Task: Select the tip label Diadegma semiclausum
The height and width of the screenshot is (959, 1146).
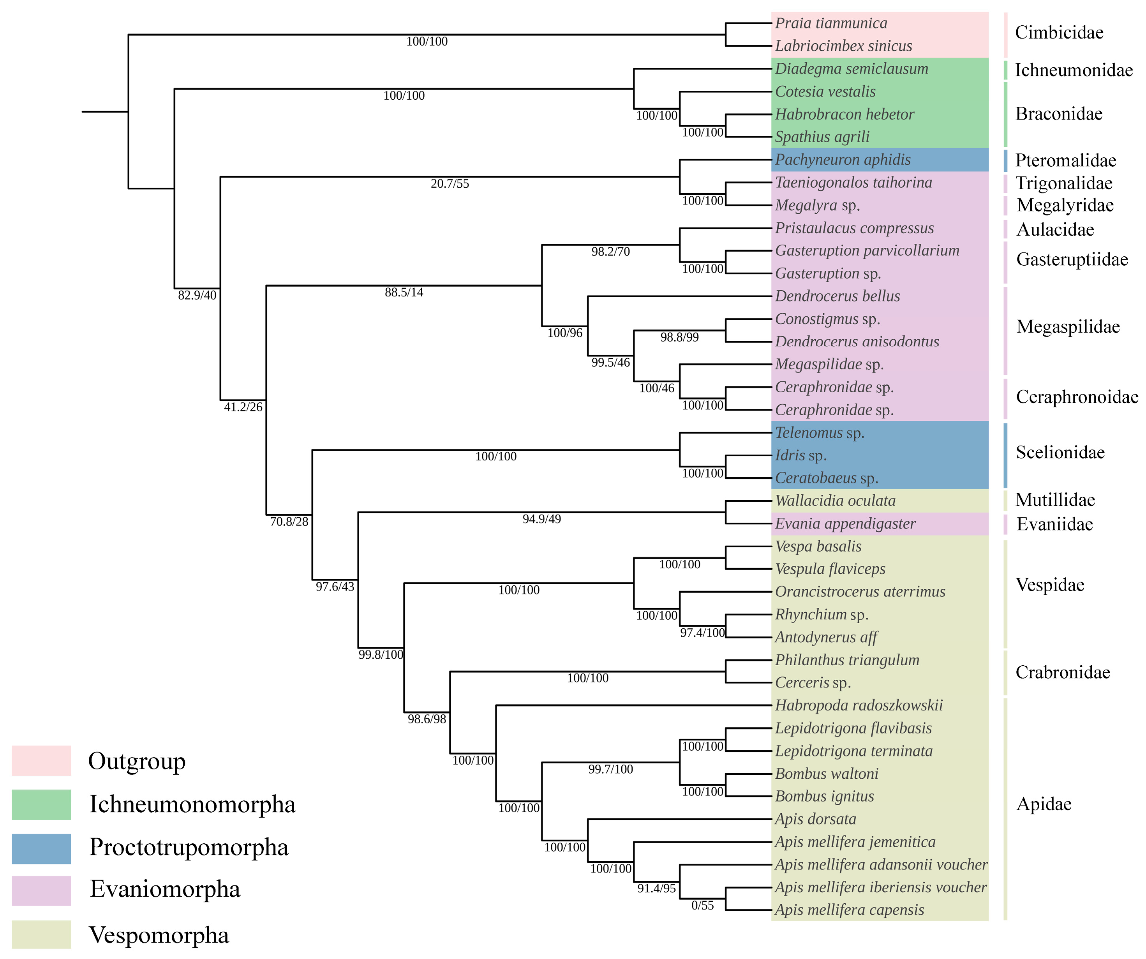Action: (x=851, y=69)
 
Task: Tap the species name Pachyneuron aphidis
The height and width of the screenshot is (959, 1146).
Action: (x=843, y=160)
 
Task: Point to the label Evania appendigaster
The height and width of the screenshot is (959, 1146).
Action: (x=845, y=524)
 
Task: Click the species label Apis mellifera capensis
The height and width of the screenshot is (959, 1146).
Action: (x=849, y=910)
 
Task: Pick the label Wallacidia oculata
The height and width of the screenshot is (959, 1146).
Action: (x=835, y=501)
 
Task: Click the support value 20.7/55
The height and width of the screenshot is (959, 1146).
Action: (x=450, y=184)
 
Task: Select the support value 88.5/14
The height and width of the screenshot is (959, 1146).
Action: (x=404, y=293)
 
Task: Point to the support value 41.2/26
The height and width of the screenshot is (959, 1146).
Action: (x=243, y=407)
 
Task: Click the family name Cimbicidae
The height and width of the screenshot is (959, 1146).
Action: (x=1059, y=33)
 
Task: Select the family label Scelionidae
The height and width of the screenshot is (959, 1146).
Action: (x=1060, y=453)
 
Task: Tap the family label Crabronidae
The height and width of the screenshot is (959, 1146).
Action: (x=1062, y=672)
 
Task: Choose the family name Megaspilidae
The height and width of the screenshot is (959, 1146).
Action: (x=1067, y=327)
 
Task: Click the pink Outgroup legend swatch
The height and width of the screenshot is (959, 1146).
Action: (x=41, y=761)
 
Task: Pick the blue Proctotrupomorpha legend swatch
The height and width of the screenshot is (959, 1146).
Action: (x=41, y=849)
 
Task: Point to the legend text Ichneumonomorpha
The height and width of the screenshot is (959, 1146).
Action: (x=192, y=804)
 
